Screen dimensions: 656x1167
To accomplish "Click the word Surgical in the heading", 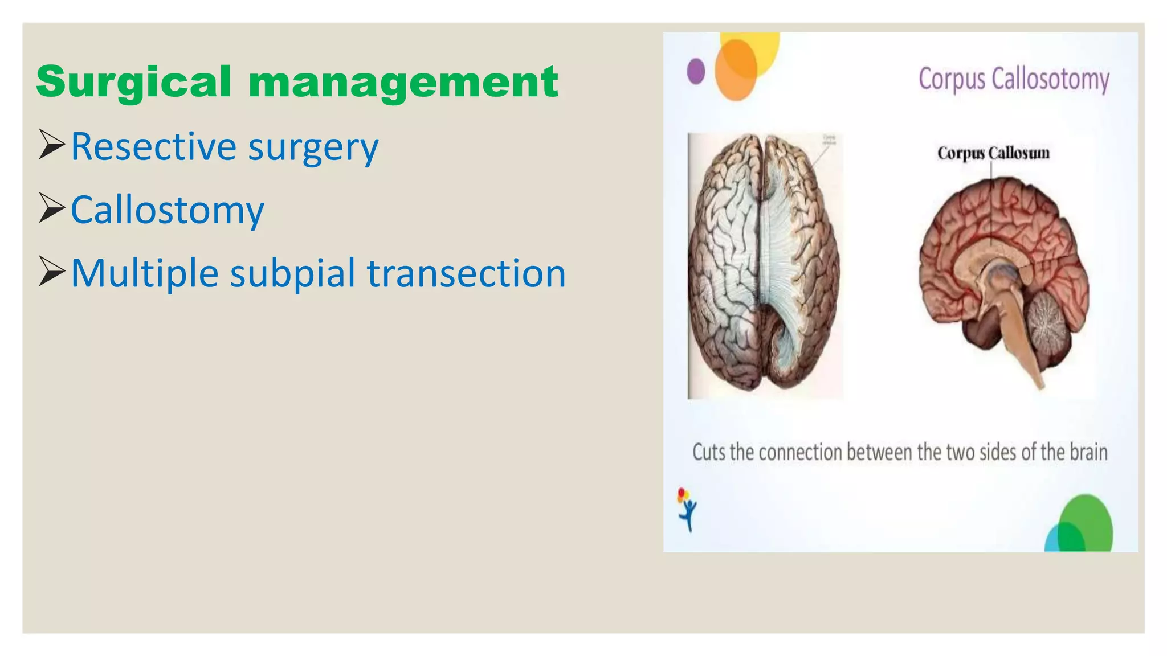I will coord(133,83).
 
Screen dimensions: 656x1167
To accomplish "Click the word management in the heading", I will coord(403,83).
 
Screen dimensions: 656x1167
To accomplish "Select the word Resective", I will coord(153,146).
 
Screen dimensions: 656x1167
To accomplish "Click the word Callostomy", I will coord(167,210).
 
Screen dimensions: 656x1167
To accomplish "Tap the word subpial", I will coord(292,273).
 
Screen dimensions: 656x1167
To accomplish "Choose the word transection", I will coord(466,273).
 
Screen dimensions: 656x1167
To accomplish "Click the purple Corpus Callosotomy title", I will coord(1014,79).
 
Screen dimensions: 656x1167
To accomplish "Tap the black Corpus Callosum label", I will coord(993,153).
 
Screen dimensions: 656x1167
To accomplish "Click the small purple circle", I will coord(696,72).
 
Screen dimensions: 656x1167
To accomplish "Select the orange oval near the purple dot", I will coord(735,70).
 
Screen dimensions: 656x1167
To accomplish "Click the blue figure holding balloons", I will coord(688,511).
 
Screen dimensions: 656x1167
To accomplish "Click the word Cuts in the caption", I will coord(709,452).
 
